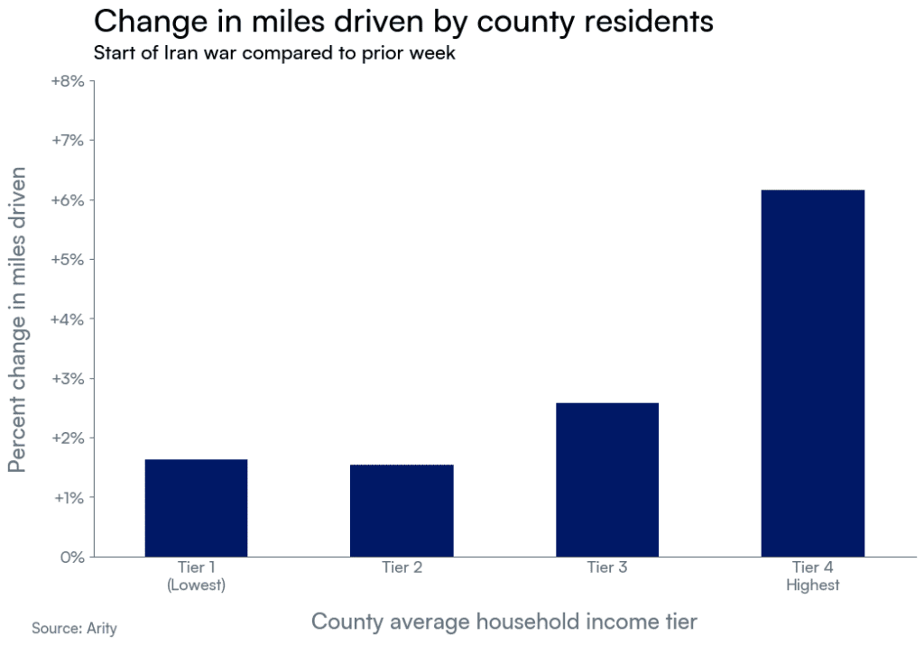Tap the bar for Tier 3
[606, 480]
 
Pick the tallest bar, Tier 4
[812, 373]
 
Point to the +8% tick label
[66, 81]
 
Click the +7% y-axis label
[66, 141]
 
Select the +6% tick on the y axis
[66, 200]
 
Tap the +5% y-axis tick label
[66, 260]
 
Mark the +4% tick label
[66, 319]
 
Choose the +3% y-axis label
[66, 379]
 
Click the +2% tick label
[66, 438]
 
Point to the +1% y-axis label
[66, 498]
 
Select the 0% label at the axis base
[71, 557]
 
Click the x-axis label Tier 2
[402, 568]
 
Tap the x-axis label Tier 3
[606, 568]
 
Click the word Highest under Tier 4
[812, 585]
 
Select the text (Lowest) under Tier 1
[196, 585]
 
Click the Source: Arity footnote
[74, 628]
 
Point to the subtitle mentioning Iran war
[274, 53]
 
